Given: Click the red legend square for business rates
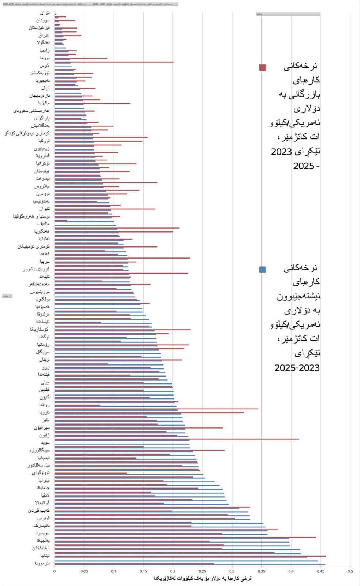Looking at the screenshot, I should click(262, 67).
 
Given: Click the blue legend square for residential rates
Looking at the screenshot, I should click(262, 270).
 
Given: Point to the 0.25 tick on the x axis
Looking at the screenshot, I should click(203, 571).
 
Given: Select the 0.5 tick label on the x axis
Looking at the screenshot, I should click(350, 571).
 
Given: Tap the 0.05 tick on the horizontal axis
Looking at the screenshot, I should click(84, 571).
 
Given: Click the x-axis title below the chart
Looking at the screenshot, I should click(202, 578).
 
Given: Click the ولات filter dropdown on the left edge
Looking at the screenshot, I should click(7, 296).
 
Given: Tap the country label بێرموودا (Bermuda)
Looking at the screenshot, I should click(42, 563).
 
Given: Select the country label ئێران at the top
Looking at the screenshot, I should click(45, 13).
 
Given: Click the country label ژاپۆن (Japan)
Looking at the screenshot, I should click(44, 435).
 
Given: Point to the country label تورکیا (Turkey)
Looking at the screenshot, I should click(44, 141).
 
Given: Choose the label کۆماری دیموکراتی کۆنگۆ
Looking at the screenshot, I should click(27, 133).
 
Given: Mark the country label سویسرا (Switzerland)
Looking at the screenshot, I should click(43, 533).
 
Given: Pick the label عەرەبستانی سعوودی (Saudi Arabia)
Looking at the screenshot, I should click(31, 111).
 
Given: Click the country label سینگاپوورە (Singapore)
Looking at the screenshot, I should click(40, 450).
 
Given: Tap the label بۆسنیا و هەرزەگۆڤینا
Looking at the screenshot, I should click(31, 216).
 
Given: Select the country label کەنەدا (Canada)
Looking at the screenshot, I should click(44, 254).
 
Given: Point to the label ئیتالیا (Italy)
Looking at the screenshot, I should click(45, 556).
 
